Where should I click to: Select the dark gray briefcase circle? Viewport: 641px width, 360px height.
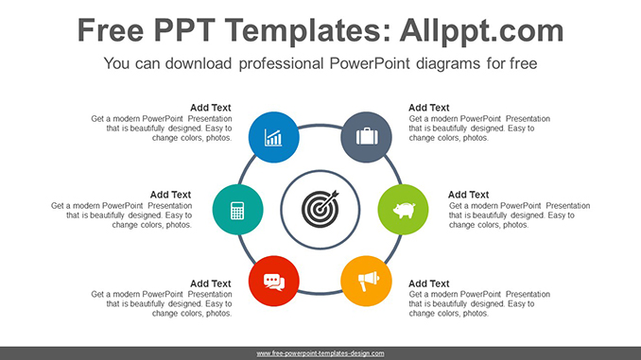366,138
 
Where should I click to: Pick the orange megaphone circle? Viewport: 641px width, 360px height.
366,280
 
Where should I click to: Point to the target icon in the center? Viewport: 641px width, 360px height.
320,209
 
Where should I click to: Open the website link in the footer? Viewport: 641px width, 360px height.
320,353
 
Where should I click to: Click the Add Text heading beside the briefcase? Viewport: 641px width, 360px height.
428,108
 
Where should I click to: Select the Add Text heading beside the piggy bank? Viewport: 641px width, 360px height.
468,195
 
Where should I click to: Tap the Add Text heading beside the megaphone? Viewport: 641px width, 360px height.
428,283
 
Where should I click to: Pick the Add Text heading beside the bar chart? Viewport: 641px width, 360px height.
210,108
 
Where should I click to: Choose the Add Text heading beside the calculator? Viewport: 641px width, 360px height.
170,195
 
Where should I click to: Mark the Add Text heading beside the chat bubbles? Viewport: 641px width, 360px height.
210,283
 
